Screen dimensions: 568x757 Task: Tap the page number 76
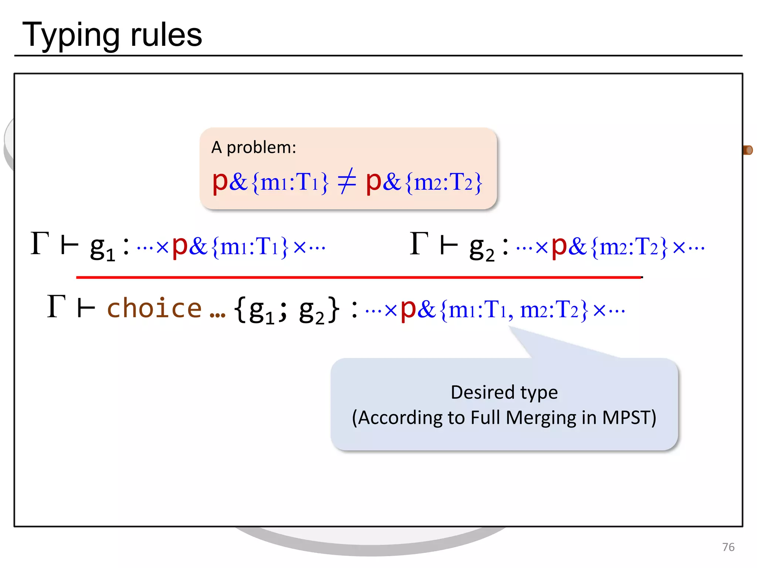728,547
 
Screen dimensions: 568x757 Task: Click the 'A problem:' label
254,148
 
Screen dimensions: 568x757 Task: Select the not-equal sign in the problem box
347,181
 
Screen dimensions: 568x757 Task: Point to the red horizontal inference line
359,277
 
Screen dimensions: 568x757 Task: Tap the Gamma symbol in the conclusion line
56,307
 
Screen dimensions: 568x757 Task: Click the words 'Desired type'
504,392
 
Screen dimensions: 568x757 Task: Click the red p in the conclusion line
408,309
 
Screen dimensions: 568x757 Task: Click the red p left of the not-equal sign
220,182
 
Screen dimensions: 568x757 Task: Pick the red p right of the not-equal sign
373,182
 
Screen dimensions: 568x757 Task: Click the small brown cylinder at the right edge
748,150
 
